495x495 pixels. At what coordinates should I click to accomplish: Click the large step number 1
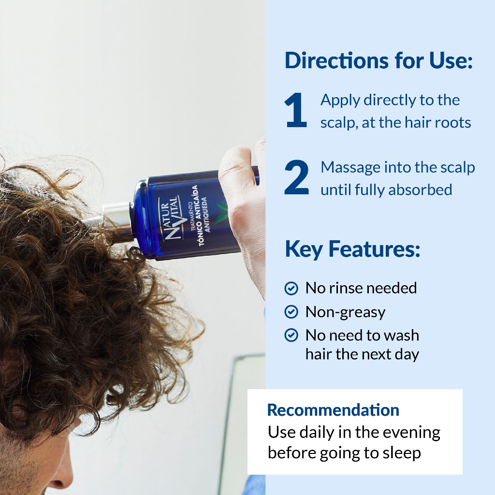(296, 110)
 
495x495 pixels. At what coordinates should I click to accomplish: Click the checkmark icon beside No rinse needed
(291, 288)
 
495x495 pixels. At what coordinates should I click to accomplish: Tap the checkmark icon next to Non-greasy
(291, 312)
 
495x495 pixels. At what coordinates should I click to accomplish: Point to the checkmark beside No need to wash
(291, 335)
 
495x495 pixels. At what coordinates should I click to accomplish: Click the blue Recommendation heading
(333, 410)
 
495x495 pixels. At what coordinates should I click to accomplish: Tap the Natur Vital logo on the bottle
(171, 218)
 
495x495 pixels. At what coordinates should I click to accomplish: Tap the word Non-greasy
(345, 313)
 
